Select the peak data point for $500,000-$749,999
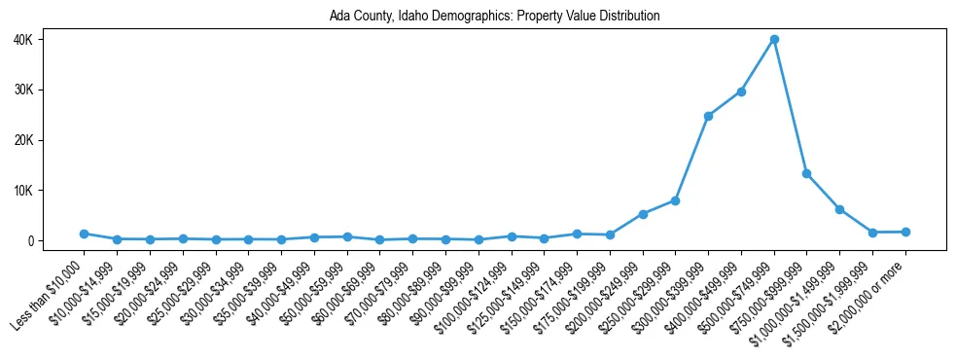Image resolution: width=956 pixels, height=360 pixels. click(x=774, y=40)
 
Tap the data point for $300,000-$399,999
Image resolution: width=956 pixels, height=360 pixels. click(x=708, y=116)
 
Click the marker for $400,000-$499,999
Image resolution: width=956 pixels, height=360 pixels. click(x=741, y=91)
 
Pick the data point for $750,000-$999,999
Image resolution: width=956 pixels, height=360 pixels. click(x=807, y=173)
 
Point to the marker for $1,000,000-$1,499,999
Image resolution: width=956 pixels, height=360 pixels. click(x=839, y=209)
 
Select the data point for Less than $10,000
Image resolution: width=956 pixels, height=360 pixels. click(x=85, y=234)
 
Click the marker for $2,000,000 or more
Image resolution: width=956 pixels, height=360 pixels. click(x=905, y=232)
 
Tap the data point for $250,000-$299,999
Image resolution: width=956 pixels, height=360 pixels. click(x=675, y=200)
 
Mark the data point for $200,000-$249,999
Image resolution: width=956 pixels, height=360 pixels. click(x=643, y=214)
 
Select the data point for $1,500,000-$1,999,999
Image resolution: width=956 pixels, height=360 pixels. click(x=872, y=233)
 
